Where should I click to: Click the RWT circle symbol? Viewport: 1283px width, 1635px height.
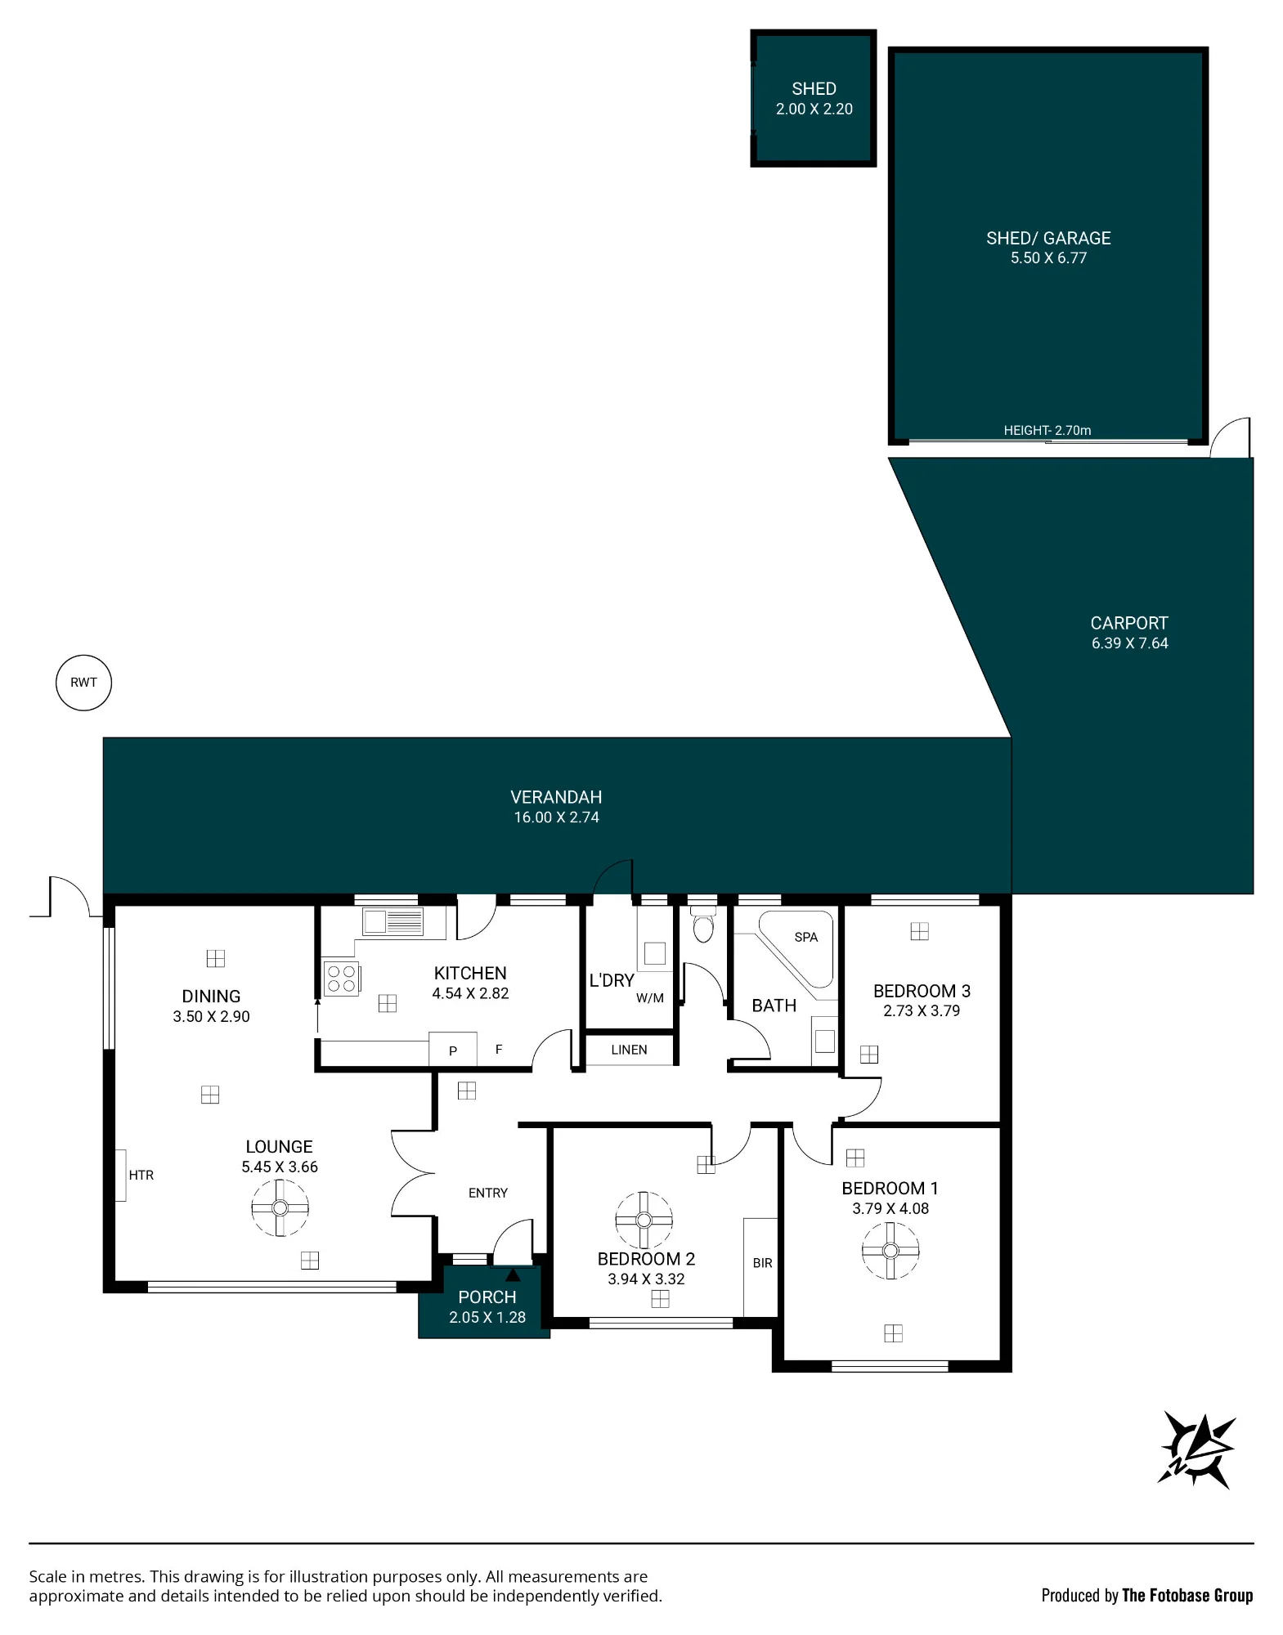[83, 683]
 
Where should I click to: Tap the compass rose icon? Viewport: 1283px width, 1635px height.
[1196, 1449]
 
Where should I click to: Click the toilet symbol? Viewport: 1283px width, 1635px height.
[702, 923]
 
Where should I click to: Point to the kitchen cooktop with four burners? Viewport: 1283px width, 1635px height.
[343, 979]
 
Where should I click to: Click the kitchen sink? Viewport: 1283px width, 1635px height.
[393, 921]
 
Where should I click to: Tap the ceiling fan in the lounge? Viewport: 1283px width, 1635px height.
[280, 1207]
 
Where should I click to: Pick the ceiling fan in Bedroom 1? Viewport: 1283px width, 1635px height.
[890, 1250]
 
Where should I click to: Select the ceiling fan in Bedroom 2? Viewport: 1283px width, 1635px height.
[644, 1220]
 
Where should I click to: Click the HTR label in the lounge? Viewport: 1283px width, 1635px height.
[141, 1175]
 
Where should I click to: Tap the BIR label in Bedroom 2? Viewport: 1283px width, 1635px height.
[762, 1263]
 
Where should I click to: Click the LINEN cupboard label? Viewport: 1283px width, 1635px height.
[629, 1050]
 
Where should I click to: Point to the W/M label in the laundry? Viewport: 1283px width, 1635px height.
[650, 998]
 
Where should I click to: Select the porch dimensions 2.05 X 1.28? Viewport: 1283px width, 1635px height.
[487, 1317]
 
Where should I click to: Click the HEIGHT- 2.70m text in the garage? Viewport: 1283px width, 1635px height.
[1047, 430]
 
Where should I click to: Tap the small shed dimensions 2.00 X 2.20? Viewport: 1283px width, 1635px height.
[814, 109]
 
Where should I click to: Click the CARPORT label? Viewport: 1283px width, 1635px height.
[1129, 623]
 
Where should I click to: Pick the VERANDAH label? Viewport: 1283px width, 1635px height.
[556, 797]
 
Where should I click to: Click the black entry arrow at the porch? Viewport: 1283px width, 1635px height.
[513, 1274]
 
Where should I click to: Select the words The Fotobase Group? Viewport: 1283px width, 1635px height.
[1187, 1595]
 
